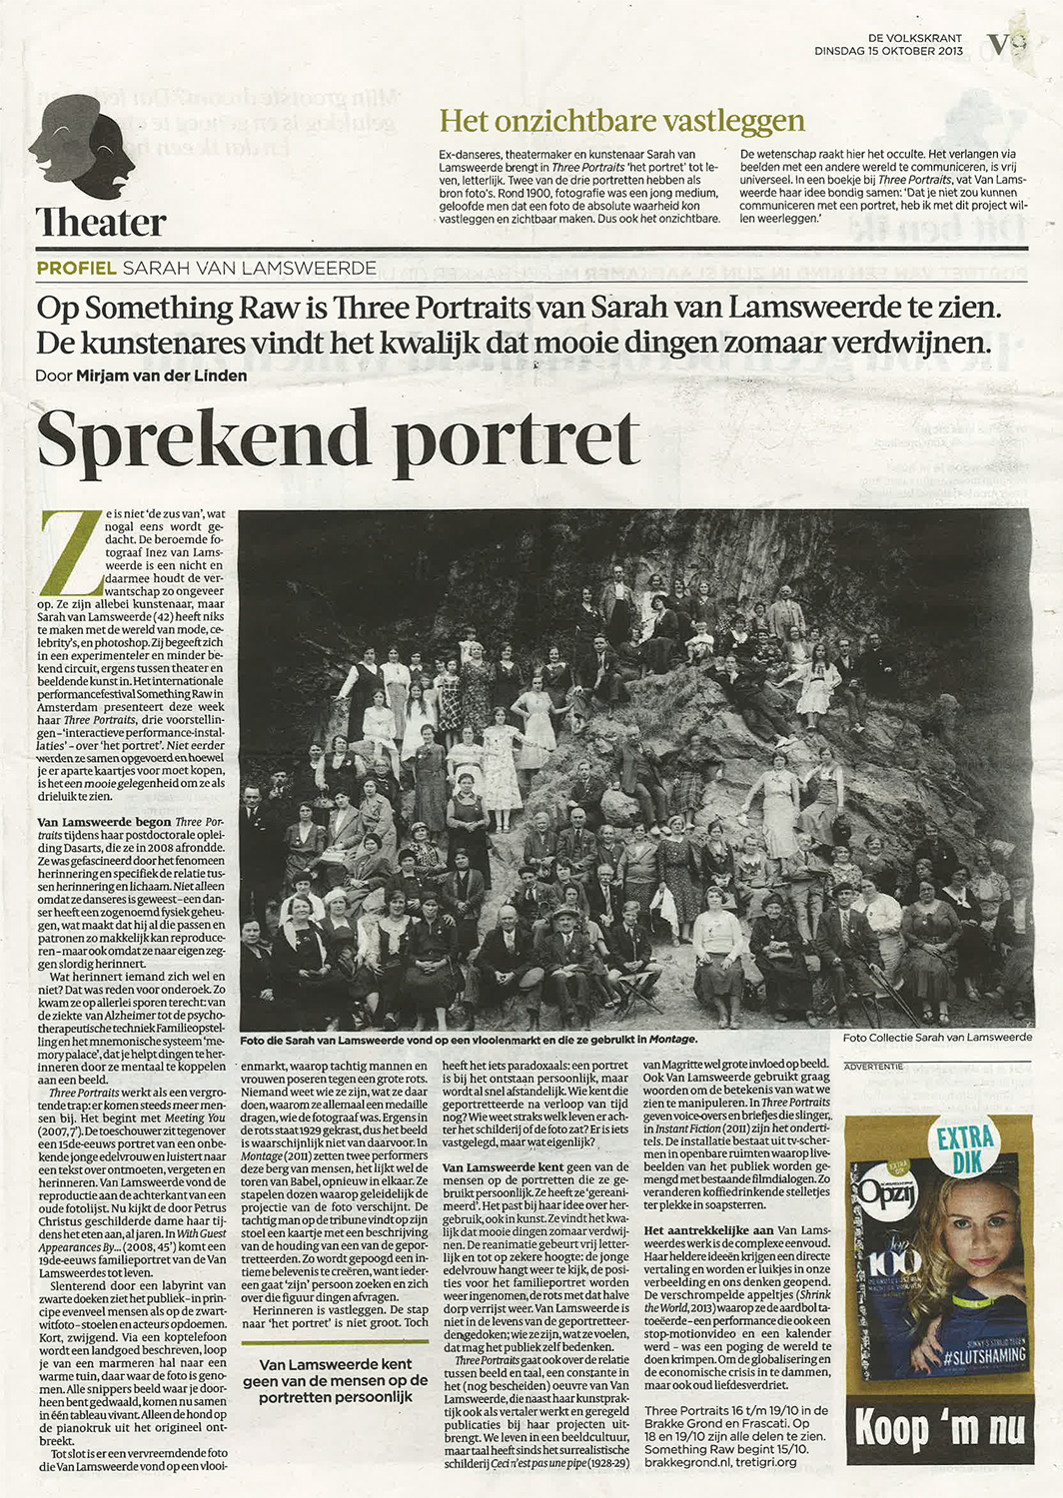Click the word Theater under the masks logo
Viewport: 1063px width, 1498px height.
[101, 222]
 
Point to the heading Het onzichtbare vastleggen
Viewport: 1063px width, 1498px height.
[621, 121]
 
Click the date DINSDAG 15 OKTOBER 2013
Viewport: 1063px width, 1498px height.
[888, 51]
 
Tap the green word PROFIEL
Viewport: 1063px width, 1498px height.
[76, 269]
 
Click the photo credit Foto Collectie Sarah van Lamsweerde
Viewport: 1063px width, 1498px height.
[937, 1038]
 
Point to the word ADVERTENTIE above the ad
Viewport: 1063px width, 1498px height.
[873, 1067]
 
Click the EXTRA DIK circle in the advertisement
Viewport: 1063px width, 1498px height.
[966, 1149]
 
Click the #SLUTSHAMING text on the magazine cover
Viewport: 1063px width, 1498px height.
[983, 1354]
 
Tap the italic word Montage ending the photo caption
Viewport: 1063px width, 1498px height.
[672, 1040]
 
